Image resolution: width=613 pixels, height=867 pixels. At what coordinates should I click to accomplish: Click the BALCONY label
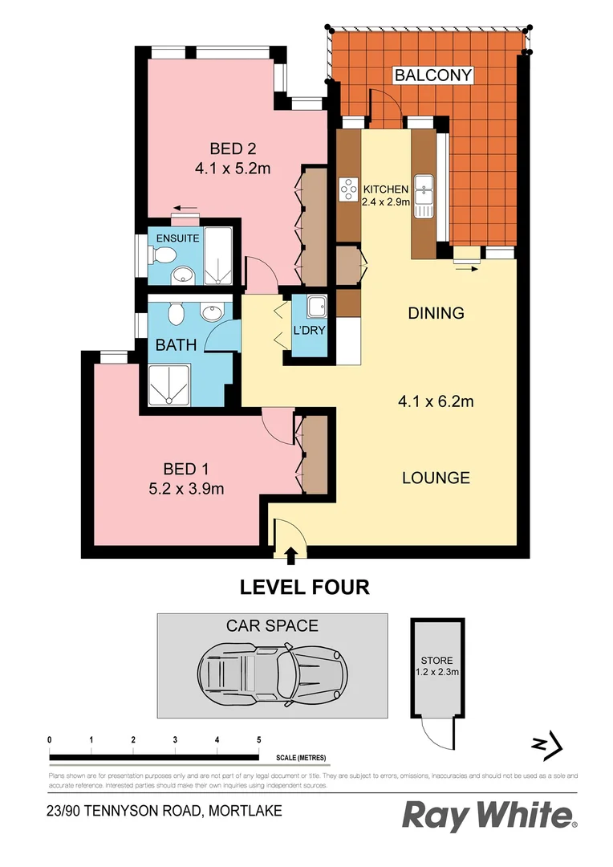[432, 75]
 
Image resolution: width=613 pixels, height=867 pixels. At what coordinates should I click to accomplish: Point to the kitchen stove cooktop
[349, 189]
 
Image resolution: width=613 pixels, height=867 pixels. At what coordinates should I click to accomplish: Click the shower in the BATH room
[169, 386]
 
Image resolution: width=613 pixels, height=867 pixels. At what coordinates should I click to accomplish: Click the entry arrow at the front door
[290, 552]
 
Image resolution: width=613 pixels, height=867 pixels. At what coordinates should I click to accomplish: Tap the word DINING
[436, 313]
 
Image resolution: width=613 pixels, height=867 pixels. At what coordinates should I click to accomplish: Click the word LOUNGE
[436, 478]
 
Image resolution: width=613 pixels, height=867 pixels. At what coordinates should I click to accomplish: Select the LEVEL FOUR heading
[305, 588]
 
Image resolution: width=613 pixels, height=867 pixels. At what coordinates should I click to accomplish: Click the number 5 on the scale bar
[258, 739]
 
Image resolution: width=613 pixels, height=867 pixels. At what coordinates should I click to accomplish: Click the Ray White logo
[488, 816]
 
